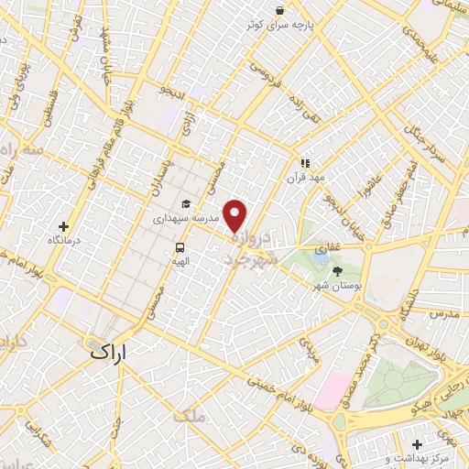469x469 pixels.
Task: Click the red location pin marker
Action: click(236, 215)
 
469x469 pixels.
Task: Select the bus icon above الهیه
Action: click(180, 246)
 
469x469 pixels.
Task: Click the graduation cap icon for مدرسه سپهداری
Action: click(186, 204)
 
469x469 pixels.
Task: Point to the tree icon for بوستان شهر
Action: click(337, 271)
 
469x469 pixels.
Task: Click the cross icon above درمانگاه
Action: click(63, 225)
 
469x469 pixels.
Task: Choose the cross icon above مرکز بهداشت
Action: click(416, 438)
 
